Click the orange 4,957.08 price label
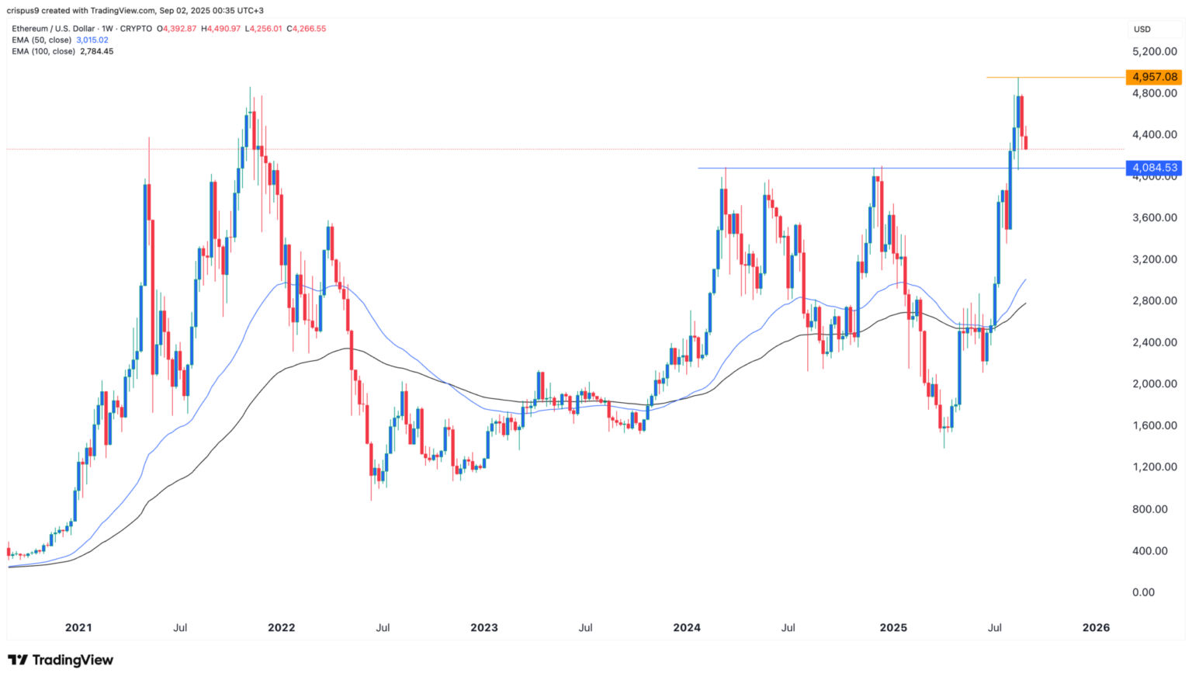point(1155,77)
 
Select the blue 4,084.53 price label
point(1155,168)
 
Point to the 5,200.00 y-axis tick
point(1155,51)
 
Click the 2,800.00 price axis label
point(1155,300)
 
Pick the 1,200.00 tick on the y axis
point(1155,467)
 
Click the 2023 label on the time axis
point(484,627)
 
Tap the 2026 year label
point(1096,627)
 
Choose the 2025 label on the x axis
point(893,627)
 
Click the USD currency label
point(1142,29)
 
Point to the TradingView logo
point(61,660)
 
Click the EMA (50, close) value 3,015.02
point(92,40)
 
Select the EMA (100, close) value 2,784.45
point(97,51)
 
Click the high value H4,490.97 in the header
point(221,29)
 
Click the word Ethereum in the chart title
point(30,29)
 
